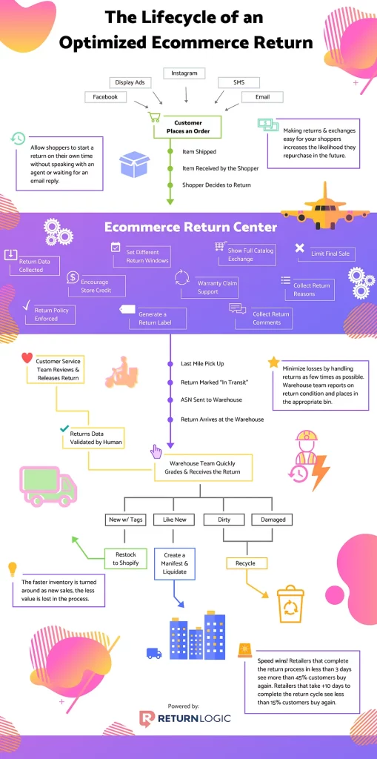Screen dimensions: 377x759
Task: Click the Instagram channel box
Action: (x=184, y=73)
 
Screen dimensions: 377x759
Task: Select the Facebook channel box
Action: (x=105, y=97)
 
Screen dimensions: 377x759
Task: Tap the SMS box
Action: (x=238, y=83)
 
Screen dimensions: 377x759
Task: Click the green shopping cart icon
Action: (x=154, y=117)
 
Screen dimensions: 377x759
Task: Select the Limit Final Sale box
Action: (x=326, y=253)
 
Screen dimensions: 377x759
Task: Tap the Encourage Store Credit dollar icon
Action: (x=73, y=277)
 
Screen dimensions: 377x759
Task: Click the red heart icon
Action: (x=27, y=358)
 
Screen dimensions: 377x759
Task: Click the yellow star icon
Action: (x=273, y=362)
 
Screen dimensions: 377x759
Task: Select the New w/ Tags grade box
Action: (x=125, y=520)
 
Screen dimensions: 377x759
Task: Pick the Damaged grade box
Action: (x=273, y=520)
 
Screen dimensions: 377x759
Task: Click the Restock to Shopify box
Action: (x=126, y=559)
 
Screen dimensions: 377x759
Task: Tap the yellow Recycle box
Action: (x=245, y=563)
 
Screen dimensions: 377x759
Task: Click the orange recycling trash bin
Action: (x=290, y=604)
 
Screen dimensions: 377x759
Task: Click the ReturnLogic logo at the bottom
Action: (x=184, y=719)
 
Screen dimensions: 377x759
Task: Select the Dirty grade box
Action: (x=224, y=520)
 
